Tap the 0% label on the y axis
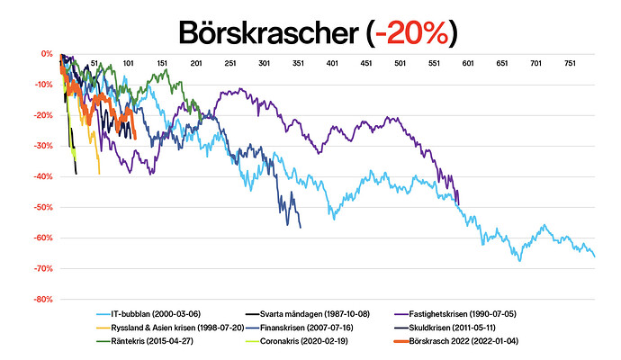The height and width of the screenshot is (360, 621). [46, 54]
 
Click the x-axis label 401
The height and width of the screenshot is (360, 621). [332, 63]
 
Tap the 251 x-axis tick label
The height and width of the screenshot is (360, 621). [230, 63]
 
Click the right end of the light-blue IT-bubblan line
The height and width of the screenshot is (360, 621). [595, 256]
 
